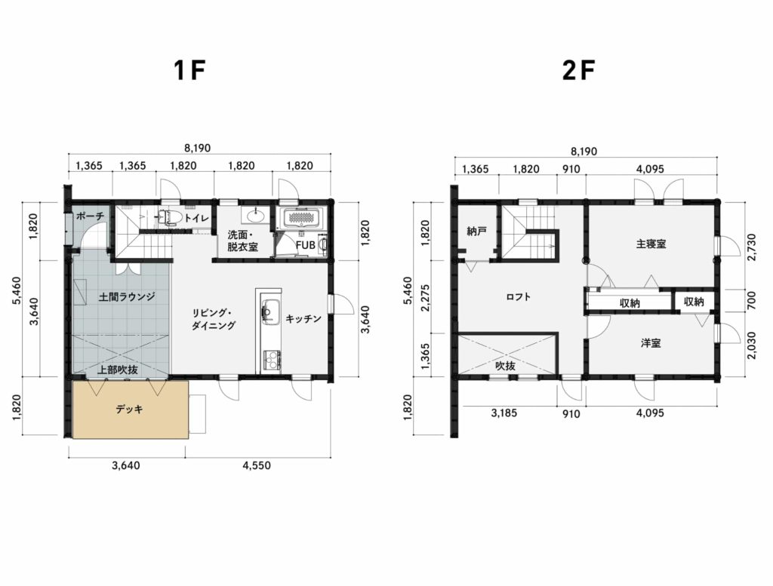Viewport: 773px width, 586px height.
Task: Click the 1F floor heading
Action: (x=189, y=71)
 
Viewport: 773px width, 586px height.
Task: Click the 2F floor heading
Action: (x=579, y=71)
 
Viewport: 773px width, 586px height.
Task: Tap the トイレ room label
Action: (x=197, y=218)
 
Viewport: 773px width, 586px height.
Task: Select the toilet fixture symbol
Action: (x=170, y=217)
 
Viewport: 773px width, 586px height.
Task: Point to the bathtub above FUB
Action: (x=300, y=218)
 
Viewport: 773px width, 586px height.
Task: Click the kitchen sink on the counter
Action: (x=269, y=311)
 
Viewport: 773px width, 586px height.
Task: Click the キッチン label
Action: (x=303, y=318)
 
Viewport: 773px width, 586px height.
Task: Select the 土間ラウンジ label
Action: (x=127, y=296)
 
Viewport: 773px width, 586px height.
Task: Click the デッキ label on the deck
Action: (x=130, y=409)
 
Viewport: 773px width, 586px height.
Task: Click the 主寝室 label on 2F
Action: (x=651, y=244)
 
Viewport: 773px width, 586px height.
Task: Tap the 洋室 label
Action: (x=651, y=343)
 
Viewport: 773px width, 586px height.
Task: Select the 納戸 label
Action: (x=476, y=231)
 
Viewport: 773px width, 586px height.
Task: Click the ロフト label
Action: (x=519, y=296)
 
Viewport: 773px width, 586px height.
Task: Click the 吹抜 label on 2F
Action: (x=505, y=366)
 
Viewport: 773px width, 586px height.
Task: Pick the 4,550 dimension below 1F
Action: (x=257, y=465)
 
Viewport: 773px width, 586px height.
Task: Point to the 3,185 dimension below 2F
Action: (x=504, y=413)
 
